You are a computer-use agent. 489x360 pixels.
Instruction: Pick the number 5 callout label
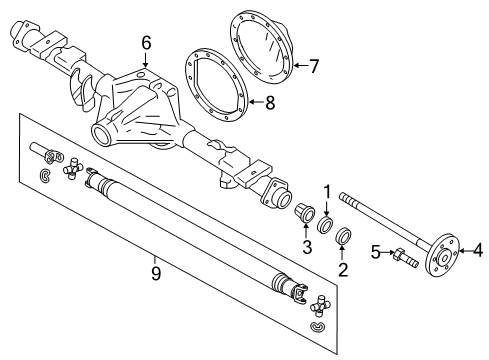coord(376,252)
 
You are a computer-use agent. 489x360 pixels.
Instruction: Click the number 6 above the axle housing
coord(146,42)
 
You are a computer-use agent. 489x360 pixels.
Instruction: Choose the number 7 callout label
coord(313,68)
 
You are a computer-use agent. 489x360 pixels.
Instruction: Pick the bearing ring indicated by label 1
coord(326,220)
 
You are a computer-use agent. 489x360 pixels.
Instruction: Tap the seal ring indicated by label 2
coord(343,237)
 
